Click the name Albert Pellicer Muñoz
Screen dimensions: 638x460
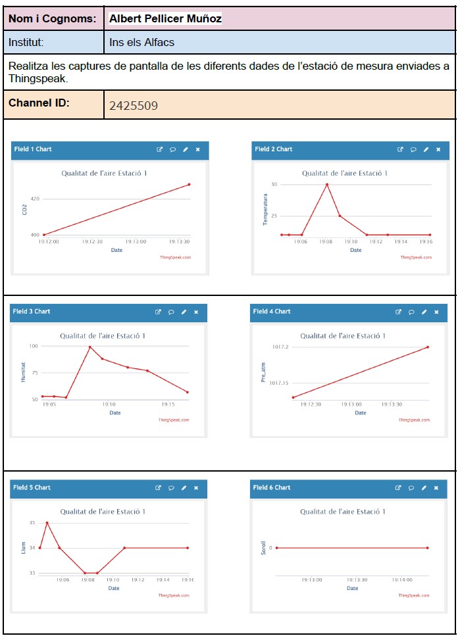coord(166,19)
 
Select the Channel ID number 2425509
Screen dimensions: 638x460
coord(133,105)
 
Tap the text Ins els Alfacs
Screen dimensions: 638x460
coord(141,43)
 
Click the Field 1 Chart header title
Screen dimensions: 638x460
coord(33,149)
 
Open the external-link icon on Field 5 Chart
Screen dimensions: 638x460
coord(158,488)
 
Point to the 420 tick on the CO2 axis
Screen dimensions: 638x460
coord(35,199)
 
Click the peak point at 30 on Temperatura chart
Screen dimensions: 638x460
coord(327,184)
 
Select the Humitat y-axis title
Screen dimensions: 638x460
coord(24,372)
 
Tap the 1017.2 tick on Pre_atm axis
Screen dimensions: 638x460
coord(279,347)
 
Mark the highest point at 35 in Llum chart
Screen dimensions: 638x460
coord(47,523)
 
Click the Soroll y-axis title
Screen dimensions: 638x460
coord(263,547)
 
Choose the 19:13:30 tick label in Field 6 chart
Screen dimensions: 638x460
coord(357,580)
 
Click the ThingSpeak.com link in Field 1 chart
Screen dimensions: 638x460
coord(176,257)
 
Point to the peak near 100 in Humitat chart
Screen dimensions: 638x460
coord(89,347)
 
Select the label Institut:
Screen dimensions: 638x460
coord(26,43)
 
